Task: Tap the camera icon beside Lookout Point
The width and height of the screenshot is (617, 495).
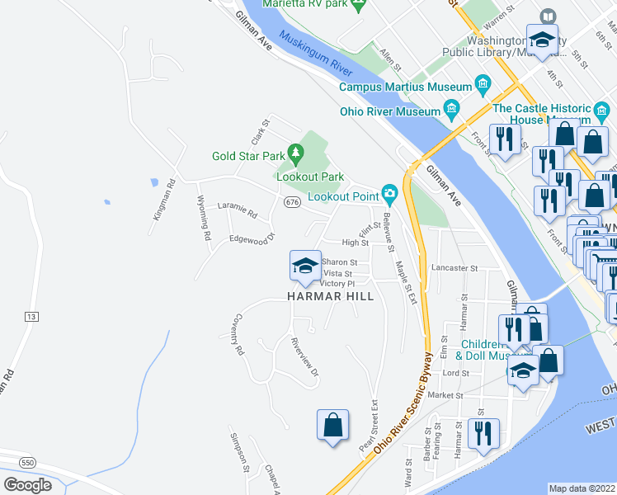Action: point(389,196)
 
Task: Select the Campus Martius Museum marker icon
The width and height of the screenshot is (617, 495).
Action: point(483,86)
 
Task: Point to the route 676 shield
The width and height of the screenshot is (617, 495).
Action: point(291,201)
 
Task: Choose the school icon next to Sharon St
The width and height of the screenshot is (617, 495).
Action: point(304,266)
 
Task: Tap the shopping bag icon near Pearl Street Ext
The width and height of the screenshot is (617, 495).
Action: point(332,426)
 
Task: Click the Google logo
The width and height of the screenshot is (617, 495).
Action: point(27,485)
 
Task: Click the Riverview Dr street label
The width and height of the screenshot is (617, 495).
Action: point(304,357)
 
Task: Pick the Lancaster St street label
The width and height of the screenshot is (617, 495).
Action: point(455,268)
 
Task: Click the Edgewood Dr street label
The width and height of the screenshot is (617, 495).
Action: point(252,240)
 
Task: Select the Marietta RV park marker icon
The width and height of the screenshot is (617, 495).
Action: point(357,5)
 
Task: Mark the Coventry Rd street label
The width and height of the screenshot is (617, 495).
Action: point(238,335)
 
